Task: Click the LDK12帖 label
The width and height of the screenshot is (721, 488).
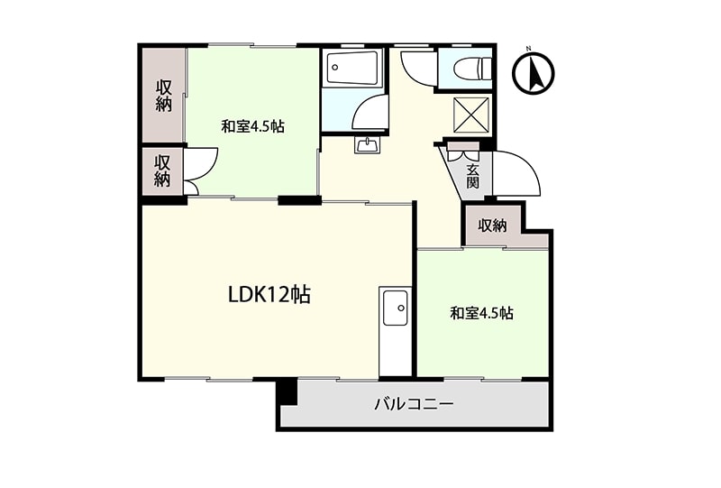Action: (269, 295)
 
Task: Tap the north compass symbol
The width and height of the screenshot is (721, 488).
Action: (534, 73)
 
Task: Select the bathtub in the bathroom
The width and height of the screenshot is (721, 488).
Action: (351, 68)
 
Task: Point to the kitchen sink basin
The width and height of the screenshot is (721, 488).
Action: (395, 308)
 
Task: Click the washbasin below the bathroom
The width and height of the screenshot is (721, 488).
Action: (368, 145)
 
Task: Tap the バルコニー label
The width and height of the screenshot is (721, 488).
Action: (415, 405)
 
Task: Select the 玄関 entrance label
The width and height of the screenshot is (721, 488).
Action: (472, 176)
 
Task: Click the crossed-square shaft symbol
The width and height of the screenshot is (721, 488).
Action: (472, 115)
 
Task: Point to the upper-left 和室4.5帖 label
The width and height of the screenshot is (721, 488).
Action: (252, 126)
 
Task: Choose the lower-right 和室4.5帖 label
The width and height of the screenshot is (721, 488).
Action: (481, 314)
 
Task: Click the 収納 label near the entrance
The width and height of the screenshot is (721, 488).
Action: (492, 226)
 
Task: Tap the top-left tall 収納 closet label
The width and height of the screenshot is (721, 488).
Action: (164, 96)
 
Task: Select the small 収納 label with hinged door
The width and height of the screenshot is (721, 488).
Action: (162, 170)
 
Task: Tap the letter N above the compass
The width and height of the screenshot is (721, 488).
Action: (529, 48)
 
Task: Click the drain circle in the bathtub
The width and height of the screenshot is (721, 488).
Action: (335, 68)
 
